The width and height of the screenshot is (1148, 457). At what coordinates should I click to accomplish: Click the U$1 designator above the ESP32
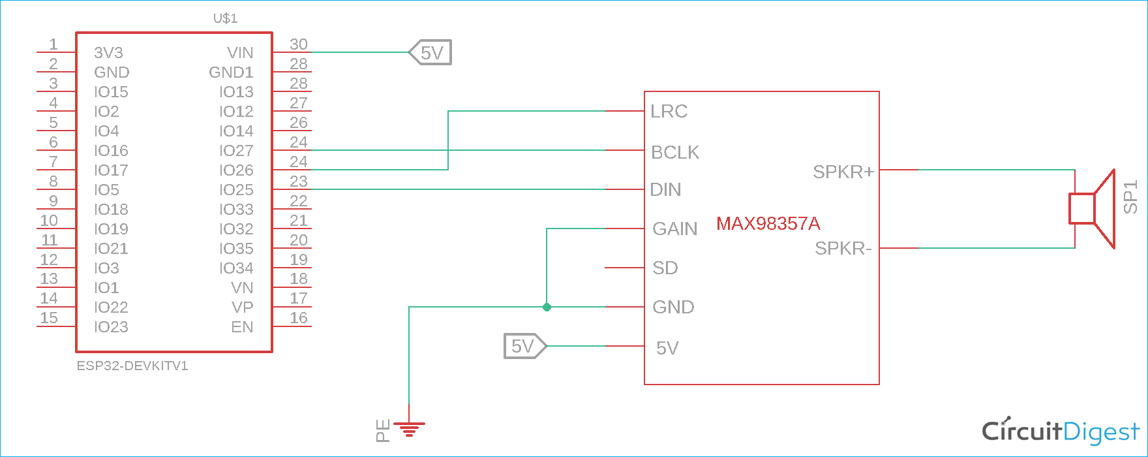tap(225, 18)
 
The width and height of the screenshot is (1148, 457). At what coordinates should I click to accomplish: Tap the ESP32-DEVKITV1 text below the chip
tap(132, 366)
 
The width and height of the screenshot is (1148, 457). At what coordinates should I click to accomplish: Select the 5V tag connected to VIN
tap(430, 53)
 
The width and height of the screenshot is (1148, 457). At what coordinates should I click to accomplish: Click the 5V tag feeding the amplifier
tap(524, 346)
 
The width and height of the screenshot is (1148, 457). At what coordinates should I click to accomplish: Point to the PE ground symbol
tap(409, 429)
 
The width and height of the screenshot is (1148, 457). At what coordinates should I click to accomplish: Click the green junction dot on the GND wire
tap(547, 307)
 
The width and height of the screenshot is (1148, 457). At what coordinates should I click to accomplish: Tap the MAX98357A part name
tap(768, 223)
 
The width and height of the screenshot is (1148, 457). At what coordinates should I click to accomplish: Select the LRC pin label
tap(669, 111)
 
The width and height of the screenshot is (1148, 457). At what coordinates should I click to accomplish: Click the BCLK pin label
tap(674, 152)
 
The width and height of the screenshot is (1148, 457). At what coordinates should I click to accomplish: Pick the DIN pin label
tap(665, 190)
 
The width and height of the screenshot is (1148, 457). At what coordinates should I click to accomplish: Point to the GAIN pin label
tap(674, 228)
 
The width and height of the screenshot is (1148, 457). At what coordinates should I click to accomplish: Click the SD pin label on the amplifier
tap(665, 268)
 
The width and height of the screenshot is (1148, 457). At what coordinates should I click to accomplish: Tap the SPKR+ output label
tap(843, 172)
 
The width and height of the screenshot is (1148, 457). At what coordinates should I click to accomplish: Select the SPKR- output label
tap(843, 249)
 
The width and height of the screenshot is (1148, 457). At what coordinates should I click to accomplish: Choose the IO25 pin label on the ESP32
tap(236, 190)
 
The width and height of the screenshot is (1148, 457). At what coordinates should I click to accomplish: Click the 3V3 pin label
tap(108, 53)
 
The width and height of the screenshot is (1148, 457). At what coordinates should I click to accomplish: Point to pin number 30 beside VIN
tap(298, 44)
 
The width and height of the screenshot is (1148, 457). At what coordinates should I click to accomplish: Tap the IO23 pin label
tap(111, 327)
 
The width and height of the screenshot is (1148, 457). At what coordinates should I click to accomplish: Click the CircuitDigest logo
tap(1061, 432)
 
